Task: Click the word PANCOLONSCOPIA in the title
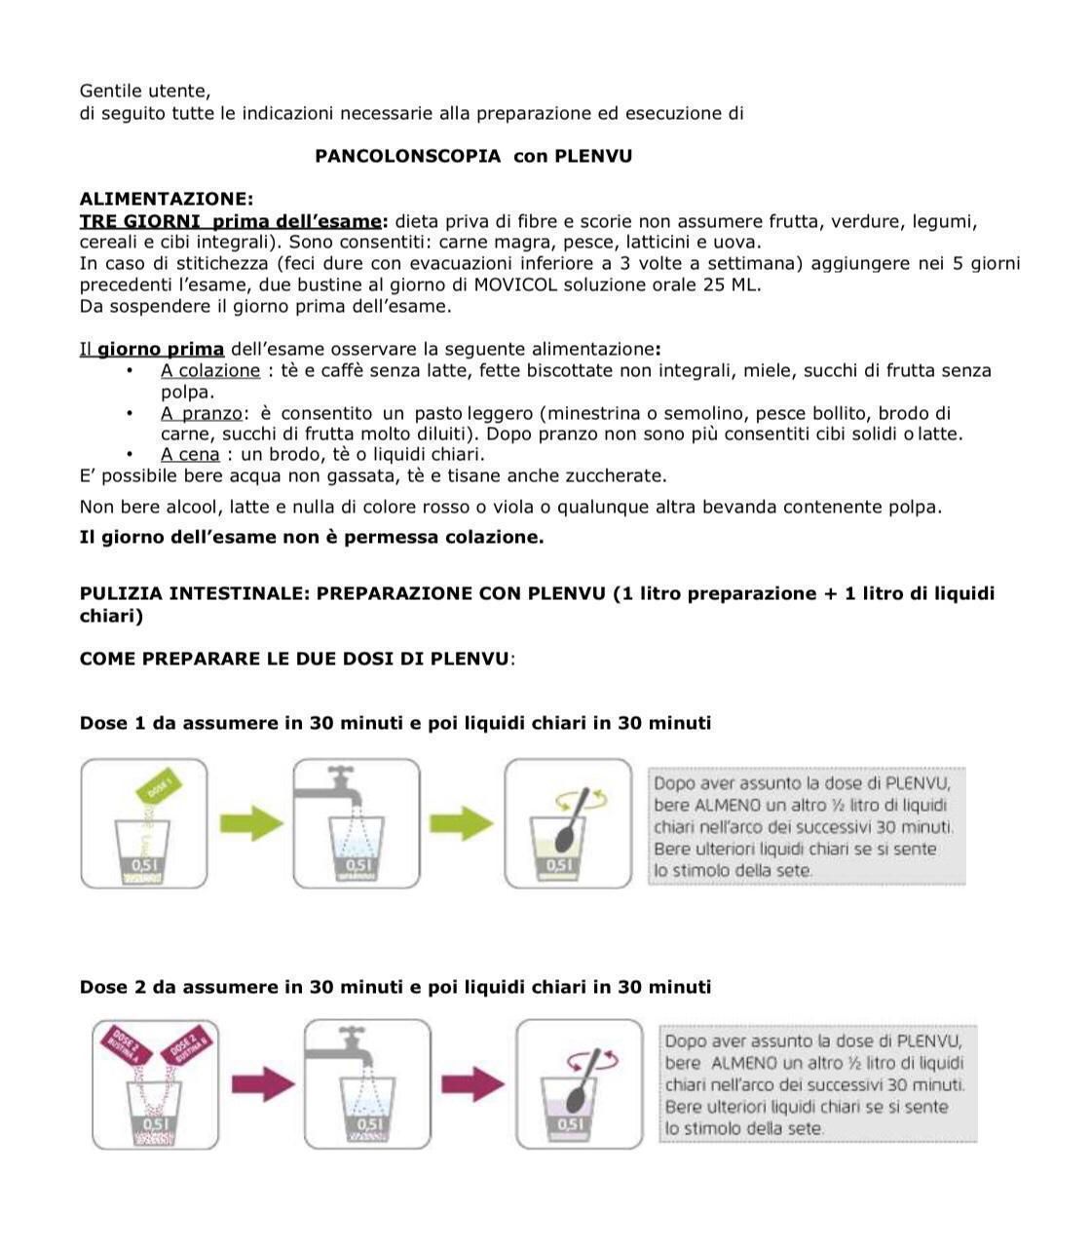pyautogui.click(x=408, y=156)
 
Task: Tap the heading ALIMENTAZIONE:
pyautogui.click(x=167, y=200)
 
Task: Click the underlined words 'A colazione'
pyautogui.click(x=210, y=371)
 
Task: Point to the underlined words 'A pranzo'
pyautogui.click(x=201, y=414)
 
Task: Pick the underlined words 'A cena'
pyautogui.click(x=190, y=455)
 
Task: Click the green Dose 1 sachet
pyautogui.click(x=162, y=785)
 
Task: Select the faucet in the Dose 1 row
pyautogui.click(x=336, y=785)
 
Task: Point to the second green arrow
pyautogui.click(x=462, y=823)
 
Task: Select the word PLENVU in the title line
pyautogui.click(x=592, y=156)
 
